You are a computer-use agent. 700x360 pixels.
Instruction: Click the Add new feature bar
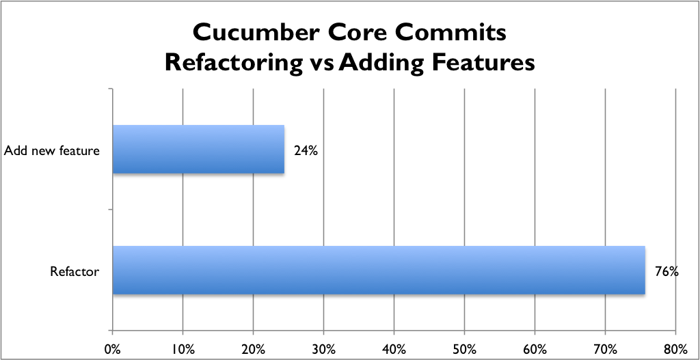coord(198,149)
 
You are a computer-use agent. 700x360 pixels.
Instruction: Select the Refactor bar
coord(379,270)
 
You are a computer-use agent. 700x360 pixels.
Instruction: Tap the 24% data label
coord(306,151)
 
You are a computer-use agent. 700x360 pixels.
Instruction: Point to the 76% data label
coord(667,272)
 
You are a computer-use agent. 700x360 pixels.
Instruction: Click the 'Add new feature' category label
coord(51,151)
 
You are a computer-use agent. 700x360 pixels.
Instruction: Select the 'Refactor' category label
coord(75,271)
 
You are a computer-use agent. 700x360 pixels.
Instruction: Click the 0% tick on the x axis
coord(113,348)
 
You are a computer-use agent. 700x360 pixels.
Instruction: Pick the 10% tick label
coord(183,348)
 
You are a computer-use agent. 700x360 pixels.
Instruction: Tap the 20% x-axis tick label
coord(253,348)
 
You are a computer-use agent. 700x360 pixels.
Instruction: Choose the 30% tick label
coord(323,348)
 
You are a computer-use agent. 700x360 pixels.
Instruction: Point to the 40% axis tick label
coord(394,348)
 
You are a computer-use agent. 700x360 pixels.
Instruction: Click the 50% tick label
coord(464,348)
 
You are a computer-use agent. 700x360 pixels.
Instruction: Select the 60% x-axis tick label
coord(535,348)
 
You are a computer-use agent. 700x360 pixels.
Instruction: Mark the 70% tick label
coord(605,348)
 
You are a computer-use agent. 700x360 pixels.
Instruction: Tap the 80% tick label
coord(675,348)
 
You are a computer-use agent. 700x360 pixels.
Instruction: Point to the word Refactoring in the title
coord(233,63)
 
